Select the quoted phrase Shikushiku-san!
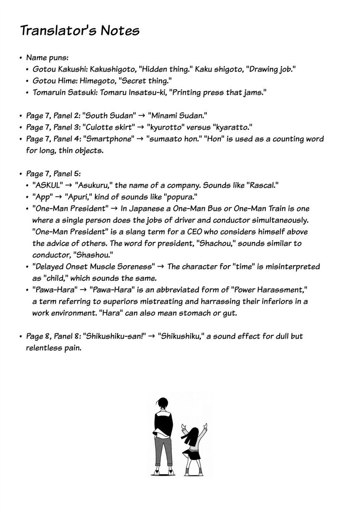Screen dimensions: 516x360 pyautogui.click(x=115, y=336)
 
